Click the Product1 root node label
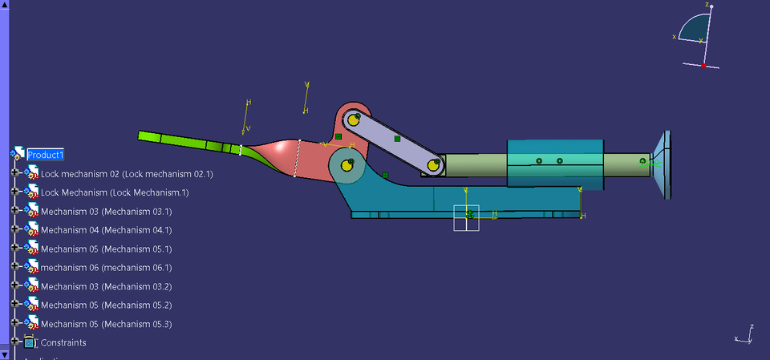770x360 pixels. pyautogui.click(x=45, y=155)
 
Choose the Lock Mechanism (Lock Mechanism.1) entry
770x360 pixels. pyautogui.click(x=114, y=192)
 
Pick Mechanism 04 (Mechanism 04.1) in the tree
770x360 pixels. pyautogui.click(x=106, y=230)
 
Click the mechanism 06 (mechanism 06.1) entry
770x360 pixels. pyautogui.click(x=106, y=268)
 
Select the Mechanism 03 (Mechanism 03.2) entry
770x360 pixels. pyautogui.click(x=106, y=286)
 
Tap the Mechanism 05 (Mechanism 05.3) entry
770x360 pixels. pyautogui.click(x=106, y=324)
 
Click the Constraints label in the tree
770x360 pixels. pyautogui.click(x=63, y=342)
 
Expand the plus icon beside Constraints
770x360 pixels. pyautogui.click(x=14, y=342)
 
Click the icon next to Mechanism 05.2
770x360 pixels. pyautogui.click(x=30, y=305)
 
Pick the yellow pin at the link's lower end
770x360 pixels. pyautogui.click(x=434, y=166)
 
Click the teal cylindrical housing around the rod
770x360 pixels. pyautogui.click(x=553, y=164)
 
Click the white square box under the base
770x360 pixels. pyautogui.click(x=466, y=217)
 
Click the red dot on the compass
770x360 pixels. pyautogui.click(x=703, y=66)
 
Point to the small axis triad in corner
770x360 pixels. pyautogui.click(x=745, y=336)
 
